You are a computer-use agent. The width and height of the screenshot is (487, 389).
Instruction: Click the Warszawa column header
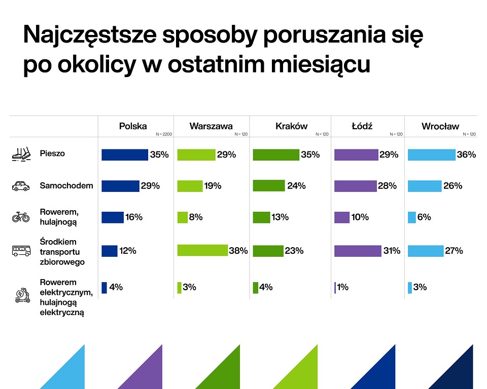tap(211, 126)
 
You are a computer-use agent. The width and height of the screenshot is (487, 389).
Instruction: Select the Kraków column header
tap(291, 126)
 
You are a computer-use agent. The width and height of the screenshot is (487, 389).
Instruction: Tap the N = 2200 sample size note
tap(163, 134)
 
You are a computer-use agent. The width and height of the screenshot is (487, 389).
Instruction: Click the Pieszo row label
tap(52, 153)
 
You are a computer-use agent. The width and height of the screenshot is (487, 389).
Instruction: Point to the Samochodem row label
tap(66, 185)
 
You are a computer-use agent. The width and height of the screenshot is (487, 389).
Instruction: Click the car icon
tap(21, 186)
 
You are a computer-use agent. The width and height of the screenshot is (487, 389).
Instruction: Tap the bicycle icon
tap(21, 217)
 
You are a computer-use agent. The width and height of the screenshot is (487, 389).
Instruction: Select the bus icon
tap(21, 250)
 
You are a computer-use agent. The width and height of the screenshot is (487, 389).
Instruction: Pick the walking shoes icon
tap(21, 154)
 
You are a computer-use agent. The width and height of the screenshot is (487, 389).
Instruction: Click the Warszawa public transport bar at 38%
tap(202, 250)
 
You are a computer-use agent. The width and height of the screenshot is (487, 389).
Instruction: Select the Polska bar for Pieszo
tap(125, 155)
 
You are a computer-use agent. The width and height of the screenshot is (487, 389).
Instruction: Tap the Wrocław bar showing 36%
tap(432, 155)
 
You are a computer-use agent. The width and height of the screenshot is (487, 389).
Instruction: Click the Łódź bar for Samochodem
tap(355, 186)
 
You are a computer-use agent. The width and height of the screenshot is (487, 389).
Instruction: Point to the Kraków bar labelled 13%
tap(261, 217)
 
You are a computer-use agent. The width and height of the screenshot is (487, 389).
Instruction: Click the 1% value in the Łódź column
tap(342, 287)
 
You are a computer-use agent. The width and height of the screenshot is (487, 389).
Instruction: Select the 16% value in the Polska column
tap(134, 217)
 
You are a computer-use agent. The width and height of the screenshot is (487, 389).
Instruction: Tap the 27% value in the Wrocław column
tap(454, 250)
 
